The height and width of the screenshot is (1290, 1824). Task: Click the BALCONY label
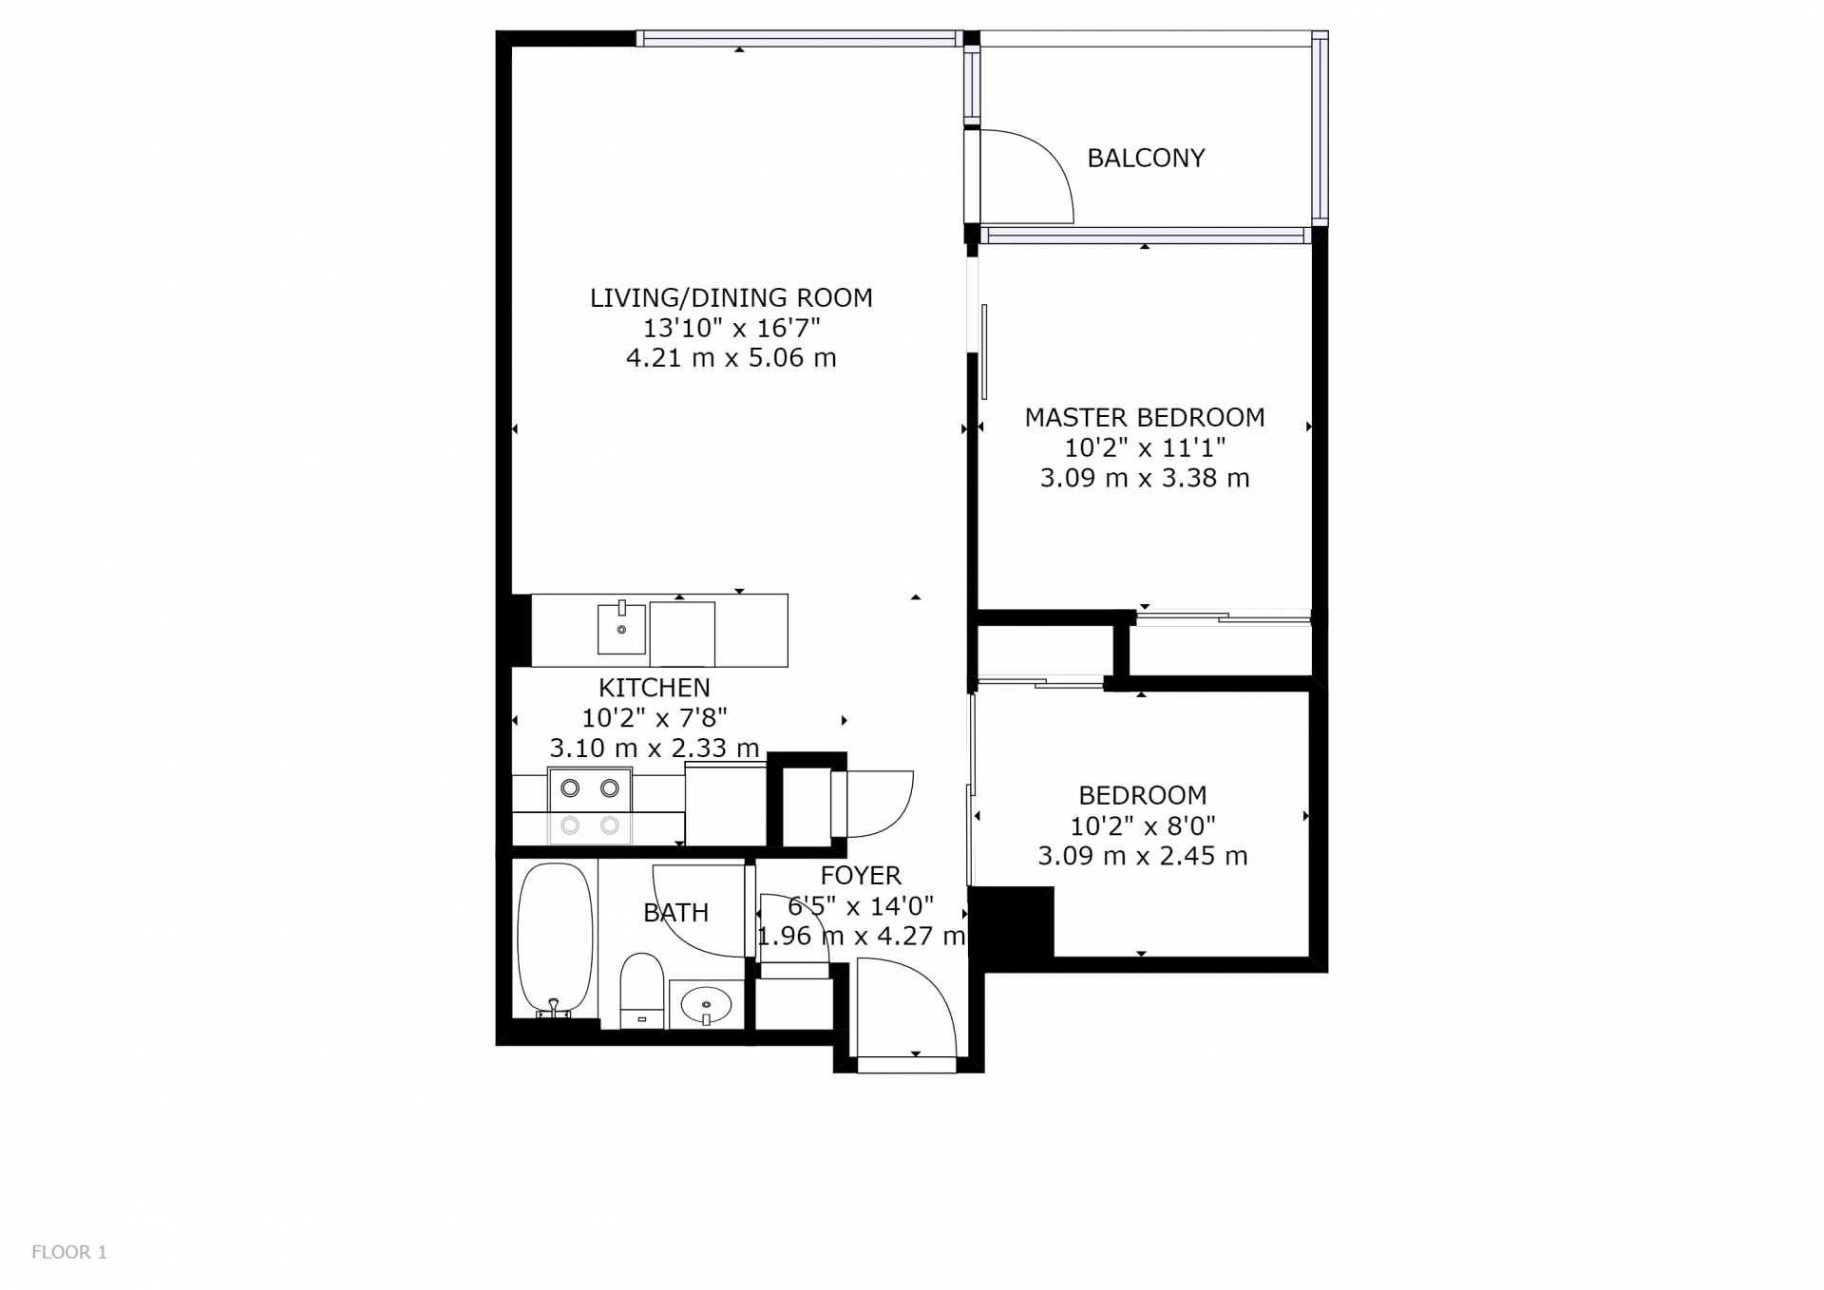coord(1146,158)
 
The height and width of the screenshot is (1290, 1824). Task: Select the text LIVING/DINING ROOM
coord(731,297)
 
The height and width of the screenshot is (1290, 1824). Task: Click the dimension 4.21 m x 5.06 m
coord(731,358)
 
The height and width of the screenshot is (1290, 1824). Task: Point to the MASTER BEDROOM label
coord(1145,417)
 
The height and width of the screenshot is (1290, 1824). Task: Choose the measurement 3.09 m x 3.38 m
coord(1145,478)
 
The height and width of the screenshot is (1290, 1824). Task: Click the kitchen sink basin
coord(622,628)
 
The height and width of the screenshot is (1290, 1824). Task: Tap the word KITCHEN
coord(655,687)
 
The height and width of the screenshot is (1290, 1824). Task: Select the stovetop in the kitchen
coord(590,806)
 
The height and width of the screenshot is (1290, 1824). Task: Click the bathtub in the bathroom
coord(555,939)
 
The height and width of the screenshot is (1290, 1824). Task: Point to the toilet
coord(641,991)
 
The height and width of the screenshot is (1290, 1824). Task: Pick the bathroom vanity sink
coord(707,1004)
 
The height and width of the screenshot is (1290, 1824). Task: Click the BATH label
coord(676,913)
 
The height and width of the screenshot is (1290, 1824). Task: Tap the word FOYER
coord(861,875)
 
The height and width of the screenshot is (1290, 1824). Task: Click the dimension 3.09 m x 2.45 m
coord(1143,856)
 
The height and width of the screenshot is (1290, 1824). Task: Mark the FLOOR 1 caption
coord(69,1252)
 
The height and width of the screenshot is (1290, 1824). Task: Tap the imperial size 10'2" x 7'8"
coord(655,717)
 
